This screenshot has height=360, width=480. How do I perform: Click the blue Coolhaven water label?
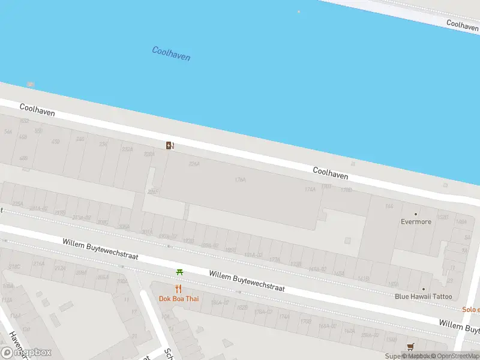click(171, 53)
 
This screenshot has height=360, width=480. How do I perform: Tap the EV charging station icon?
click(170, 145)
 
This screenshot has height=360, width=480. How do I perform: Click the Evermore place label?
click(416, 221)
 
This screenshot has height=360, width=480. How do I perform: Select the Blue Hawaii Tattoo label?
click(423, 296)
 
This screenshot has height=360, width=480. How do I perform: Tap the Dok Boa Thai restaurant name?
click(178, 299)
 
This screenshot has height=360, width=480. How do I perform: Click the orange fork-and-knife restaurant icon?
click(178, 289)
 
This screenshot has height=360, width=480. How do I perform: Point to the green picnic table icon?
click(179, 272)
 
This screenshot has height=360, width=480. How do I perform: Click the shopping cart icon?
click(410, 347)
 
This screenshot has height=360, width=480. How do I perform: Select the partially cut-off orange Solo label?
click(471, 310)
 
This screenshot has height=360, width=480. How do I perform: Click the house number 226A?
click(194, 163)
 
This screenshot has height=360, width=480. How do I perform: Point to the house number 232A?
click(127, 149)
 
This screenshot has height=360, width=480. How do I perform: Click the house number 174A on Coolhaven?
click(310, 189)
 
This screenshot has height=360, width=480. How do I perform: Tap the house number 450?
click(56, 142)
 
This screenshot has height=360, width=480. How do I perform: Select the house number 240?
click(80, 139)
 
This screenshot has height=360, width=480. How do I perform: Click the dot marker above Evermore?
click(416, 214)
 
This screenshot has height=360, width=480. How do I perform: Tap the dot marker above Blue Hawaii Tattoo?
click(423, 289)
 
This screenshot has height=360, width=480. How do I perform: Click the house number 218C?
click(14, 266)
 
